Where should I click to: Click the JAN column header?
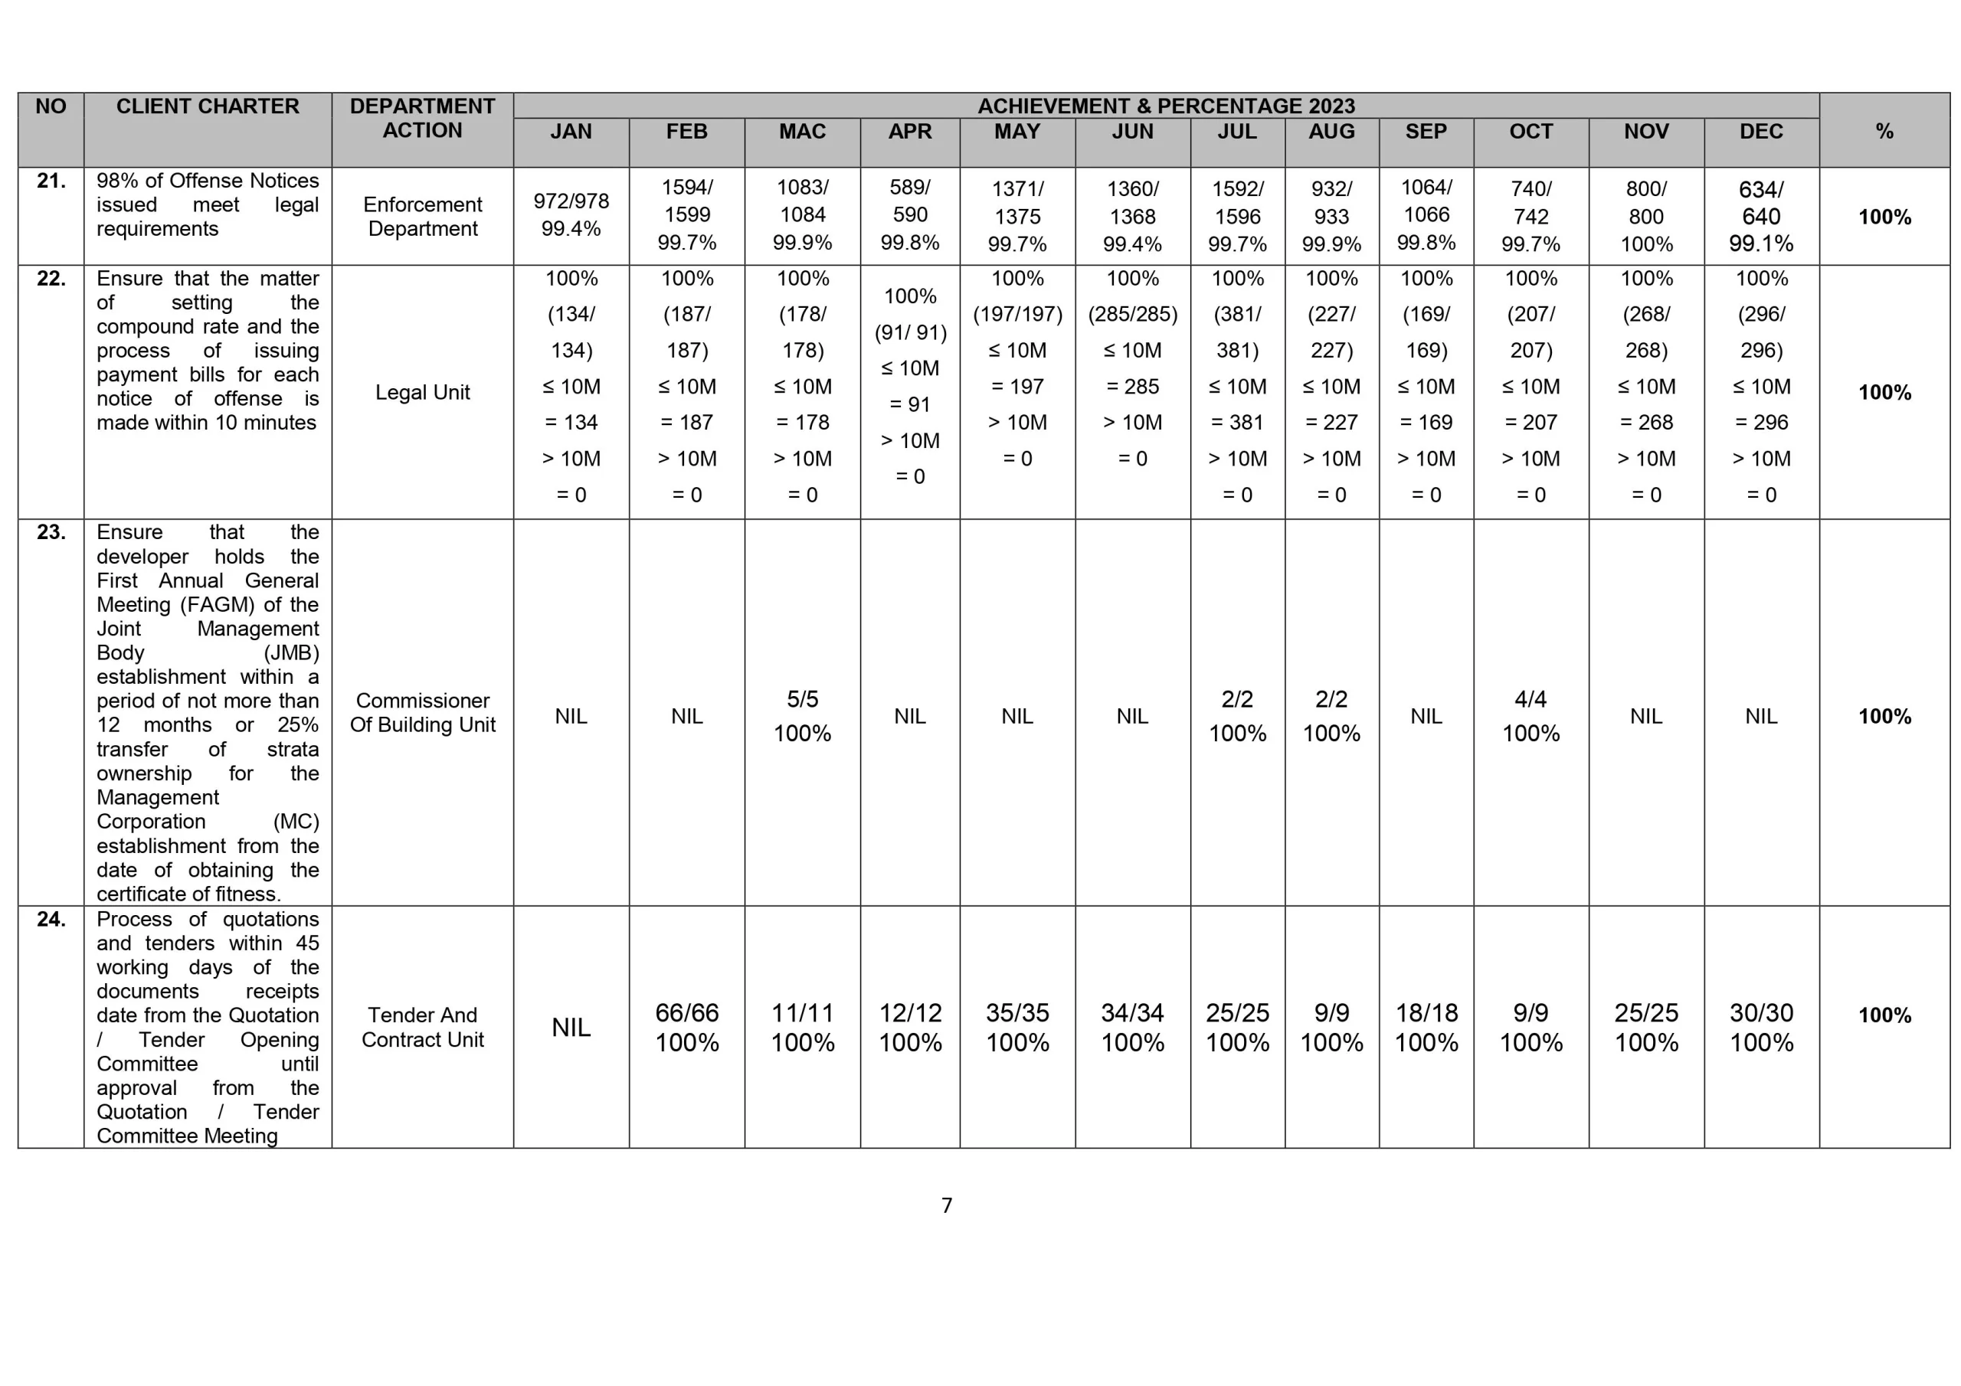coord(571,132)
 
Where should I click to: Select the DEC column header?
coord(1760,132)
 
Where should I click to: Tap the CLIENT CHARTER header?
coord(208,106)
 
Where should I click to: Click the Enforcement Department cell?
coord(422,216)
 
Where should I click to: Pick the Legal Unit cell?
coord(422,392)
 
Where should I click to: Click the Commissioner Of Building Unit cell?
coord(422,712)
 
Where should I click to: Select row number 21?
coord(51,181)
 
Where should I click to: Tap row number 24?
coord(51,919)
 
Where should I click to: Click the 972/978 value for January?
coord(571,201)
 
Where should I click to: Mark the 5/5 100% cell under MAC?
coord(802,716)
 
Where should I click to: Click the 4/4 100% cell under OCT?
coord(1530,716)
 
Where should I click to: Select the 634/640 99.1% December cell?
coord(1760,216)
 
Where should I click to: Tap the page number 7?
coord(946,1205)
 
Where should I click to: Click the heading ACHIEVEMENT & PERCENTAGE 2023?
coord(1166,106)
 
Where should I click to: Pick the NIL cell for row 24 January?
coord(571,1028)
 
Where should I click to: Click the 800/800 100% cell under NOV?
coord(1646,216)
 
